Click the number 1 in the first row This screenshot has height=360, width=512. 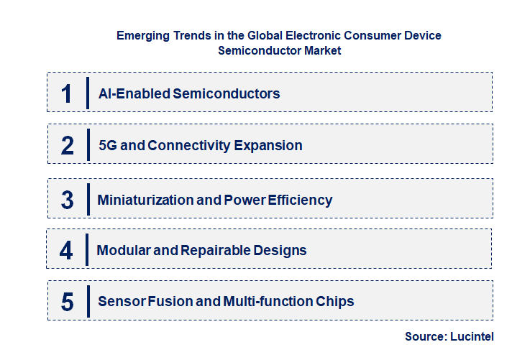click(x=67, y=93)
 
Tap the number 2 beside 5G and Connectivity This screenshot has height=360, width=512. click(x=67, y=146)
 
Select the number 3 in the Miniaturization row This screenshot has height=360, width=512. click(x=67, y=200)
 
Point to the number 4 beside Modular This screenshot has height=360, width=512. click(x=67, y=251)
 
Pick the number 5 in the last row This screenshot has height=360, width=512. click(x=67, y=302)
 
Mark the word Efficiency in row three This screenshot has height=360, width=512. click(x=300, y=200)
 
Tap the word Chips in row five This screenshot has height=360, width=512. click(x=335, y=302)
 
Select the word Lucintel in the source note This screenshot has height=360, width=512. click(x=472, y=336)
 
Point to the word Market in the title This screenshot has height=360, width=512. click(x=319, y=50)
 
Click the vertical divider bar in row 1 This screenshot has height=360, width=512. click(x=88, y=93)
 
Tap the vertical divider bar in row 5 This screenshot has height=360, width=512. click(x=88, y=302)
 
